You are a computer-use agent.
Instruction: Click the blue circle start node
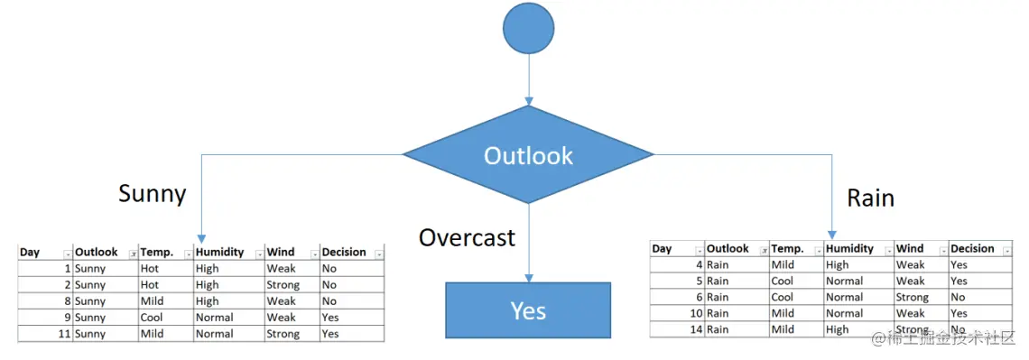(528, 28)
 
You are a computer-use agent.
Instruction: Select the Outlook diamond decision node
(528, 155)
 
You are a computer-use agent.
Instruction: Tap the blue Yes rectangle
(528, 310)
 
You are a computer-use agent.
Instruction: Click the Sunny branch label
(153, 194)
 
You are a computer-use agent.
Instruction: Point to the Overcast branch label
(468, 236)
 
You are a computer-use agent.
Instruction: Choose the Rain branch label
(871, 198)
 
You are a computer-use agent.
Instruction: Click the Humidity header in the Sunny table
(220, 252)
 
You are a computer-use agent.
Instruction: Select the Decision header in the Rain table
(972, 248)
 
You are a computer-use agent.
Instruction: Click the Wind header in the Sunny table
(280, 252)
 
